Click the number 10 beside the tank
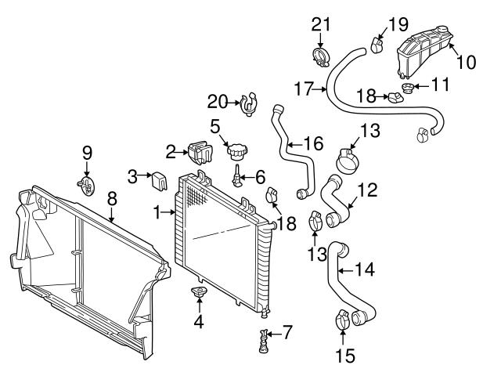point(467,62)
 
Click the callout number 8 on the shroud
point(113,200)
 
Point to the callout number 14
point(364,270)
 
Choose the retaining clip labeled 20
point(250,103)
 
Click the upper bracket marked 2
point(196,151)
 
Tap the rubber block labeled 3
point(160,179)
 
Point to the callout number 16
point(312,144)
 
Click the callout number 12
point(367,190)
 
